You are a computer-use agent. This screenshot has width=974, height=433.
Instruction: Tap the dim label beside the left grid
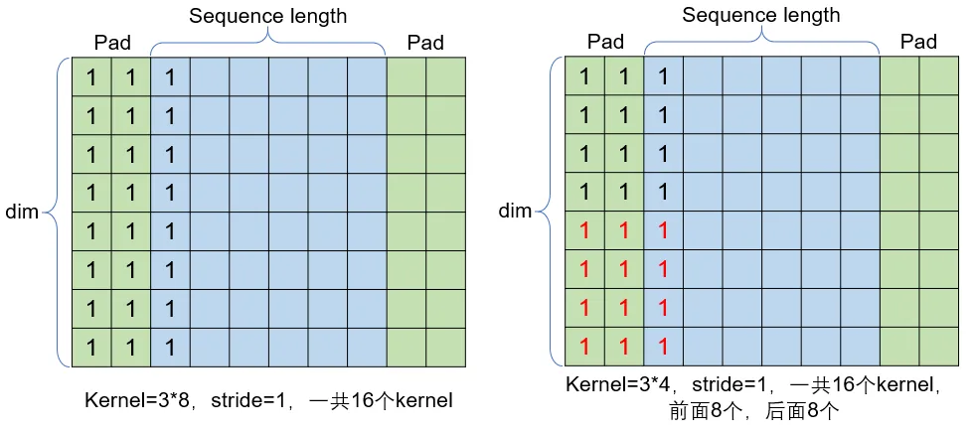point(22,213)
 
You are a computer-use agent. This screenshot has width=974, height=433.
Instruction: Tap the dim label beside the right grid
point(515,211)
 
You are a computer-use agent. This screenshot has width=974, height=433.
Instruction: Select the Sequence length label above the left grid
point(267,16)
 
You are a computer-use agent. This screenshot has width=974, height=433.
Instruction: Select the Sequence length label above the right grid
point(761,15)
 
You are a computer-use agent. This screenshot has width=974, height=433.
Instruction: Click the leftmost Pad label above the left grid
point(112,43)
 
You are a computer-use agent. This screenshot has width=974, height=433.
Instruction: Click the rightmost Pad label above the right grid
point(918,42)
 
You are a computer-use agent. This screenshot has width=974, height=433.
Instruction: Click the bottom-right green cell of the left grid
point(445,348)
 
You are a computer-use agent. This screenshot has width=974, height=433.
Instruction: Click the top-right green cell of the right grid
point(938,75)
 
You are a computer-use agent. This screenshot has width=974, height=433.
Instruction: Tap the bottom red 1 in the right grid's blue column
point(663,347)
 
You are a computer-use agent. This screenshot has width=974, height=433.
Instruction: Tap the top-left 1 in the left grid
point(91,77)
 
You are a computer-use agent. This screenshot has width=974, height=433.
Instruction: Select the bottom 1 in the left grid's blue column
point(170,348)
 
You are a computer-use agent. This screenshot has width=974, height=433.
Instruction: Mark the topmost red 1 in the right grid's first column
point(584,231)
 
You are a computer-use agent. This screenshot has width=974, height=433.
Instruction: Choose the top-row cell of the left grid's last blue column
point(367,76)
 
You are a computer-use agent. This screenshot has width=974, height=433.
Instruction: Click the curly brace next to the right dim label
point(545,211)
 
